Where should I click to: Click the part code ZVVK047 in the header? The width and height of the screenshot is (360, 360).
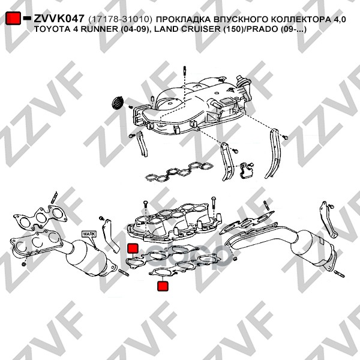(59, 19)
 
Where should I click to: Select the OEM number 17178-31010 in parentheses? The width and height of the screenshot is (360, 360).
(121, 20)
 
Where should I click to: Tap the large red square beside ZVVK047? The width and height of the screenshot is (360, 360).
(13, 18)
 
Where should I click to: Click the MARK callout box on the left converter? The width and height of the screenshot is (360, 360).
(89, 234)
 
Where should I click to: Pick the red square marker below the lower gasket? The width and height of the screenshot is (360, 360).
(163, 286)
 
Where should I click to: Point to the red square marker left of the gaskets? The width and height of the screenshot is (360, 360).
(133, 248)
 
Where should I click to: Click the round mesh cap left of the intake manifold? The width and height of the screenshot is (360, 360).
(118, 103)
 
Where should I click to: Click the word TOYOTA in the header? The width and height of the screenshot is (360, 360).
(49, 29)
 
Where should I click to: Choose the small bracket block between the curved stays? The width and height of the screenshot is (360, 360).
(247, 170)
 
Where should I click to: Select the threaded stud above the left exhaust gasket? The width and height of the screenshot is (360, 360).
(54, 197)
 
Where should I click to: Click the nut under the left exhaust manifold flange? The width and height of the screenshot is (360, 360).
(23, 264)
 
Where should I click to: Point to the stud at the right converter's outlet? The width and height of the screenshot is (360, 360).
(339, 274)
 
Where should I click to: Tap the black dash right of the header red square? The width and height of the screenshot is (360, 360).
(27, 18)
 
